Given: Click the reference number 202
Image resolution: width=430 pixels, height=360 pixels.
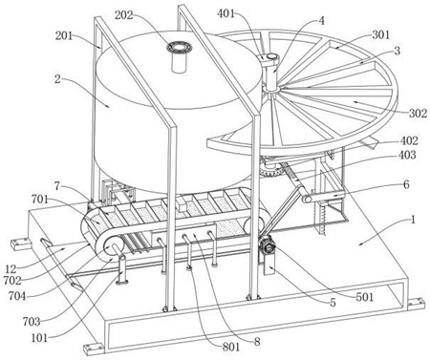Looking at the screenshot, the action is pos(124,15).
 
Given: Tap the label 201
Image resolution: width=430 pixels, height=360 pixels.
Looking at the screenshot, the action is pos(64,35).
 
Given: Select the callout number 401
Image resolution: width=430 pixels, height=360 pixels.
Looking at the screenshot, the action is pos(226,13).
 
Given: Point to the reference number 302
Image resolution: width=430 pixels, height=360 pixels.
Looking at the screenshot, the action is pos(418,113).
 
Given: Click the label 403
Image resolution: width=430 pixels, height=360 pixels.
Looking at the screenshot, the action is pos(407,155).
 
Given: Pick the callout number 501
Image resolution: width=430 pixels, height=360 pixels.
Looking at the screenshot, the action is pos(364,297).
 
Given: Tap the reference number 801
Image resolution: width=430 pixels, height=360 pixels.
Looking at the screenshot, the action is pos(230,347).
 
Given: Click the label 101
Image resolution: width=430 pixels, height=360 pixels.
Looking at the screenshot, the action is pos(39,338).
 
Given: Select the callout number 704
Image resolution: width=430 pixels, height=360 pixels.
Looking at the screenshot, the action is pos(17,296).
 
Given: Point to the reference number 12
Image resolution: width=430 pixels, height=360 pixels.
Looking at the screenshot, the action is pos(11,269).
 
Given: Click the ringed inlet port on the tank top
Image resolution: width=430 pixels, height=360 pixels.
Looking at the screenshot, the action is pos(180,48).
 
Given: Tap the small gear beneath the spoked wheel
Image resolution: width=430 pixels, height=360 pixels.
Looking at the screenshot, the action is pos(271,170).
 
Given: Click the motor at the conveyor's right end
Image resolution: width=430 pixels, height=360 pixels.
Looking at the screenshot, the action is pos(268,246).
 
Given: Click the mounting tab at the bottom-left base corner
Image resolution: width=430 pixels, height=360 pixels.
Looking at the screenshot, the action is pos(94,349).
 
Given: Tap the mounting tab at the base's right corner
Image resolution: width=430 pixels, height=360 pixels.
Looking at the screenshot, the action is pos(417,303).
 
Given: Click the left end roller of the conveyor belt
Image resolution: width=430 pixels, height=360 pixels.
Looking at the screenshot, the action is pos(113,247).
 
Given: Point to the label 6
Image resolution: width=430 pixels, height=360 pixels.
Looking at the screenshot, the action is pos(406,184).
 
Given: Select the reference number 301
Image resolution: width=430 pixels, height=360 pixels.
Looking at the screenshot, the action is pos(380,34).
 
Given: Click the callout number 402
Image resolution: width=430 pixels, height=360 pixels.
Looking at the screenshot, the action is pos(409,140).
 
